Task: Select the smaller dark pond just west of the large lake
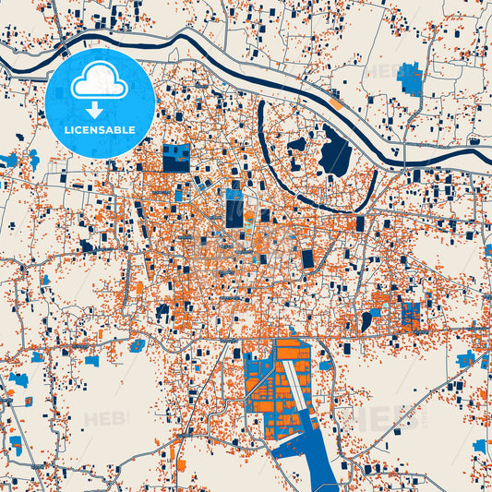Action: tap(296, 145)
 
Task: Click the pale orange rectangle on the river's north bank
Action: tap(338, 104)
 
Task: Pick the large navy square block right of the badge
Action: tap(175, 158)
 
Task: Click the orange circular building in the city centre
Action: tap(247, 217)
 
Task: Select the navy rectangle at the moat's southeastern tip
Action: tap(360, 223)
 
